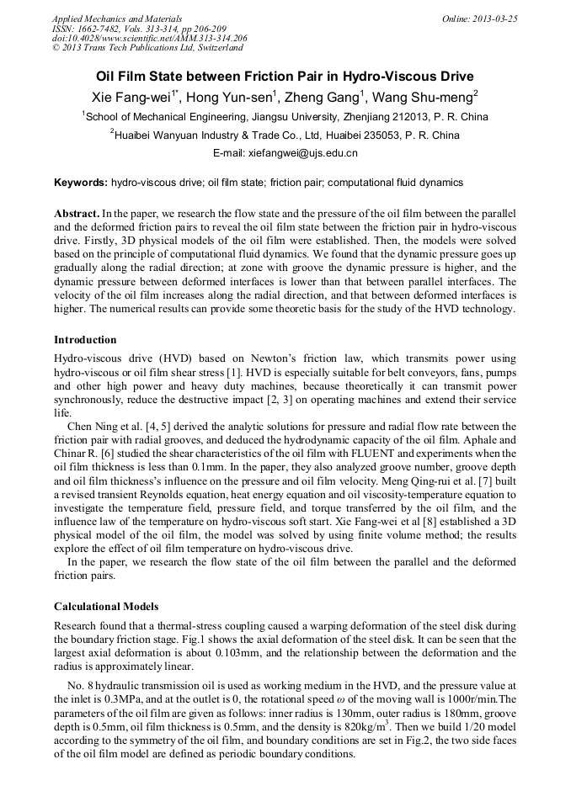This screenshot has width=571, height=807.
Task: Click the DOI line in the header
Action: click(x=150, y=38)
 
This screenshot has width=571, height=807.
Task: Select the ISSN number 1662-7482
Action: click(x=103, y=29)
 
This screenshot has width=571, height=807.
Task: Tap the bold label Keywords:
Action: click(x=81, y=183)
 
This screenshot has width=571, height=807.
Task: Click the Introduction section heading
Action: click(x=85, y=340)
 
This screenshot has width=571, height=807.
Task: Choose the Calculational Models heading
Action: click(x=106, y=607)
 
